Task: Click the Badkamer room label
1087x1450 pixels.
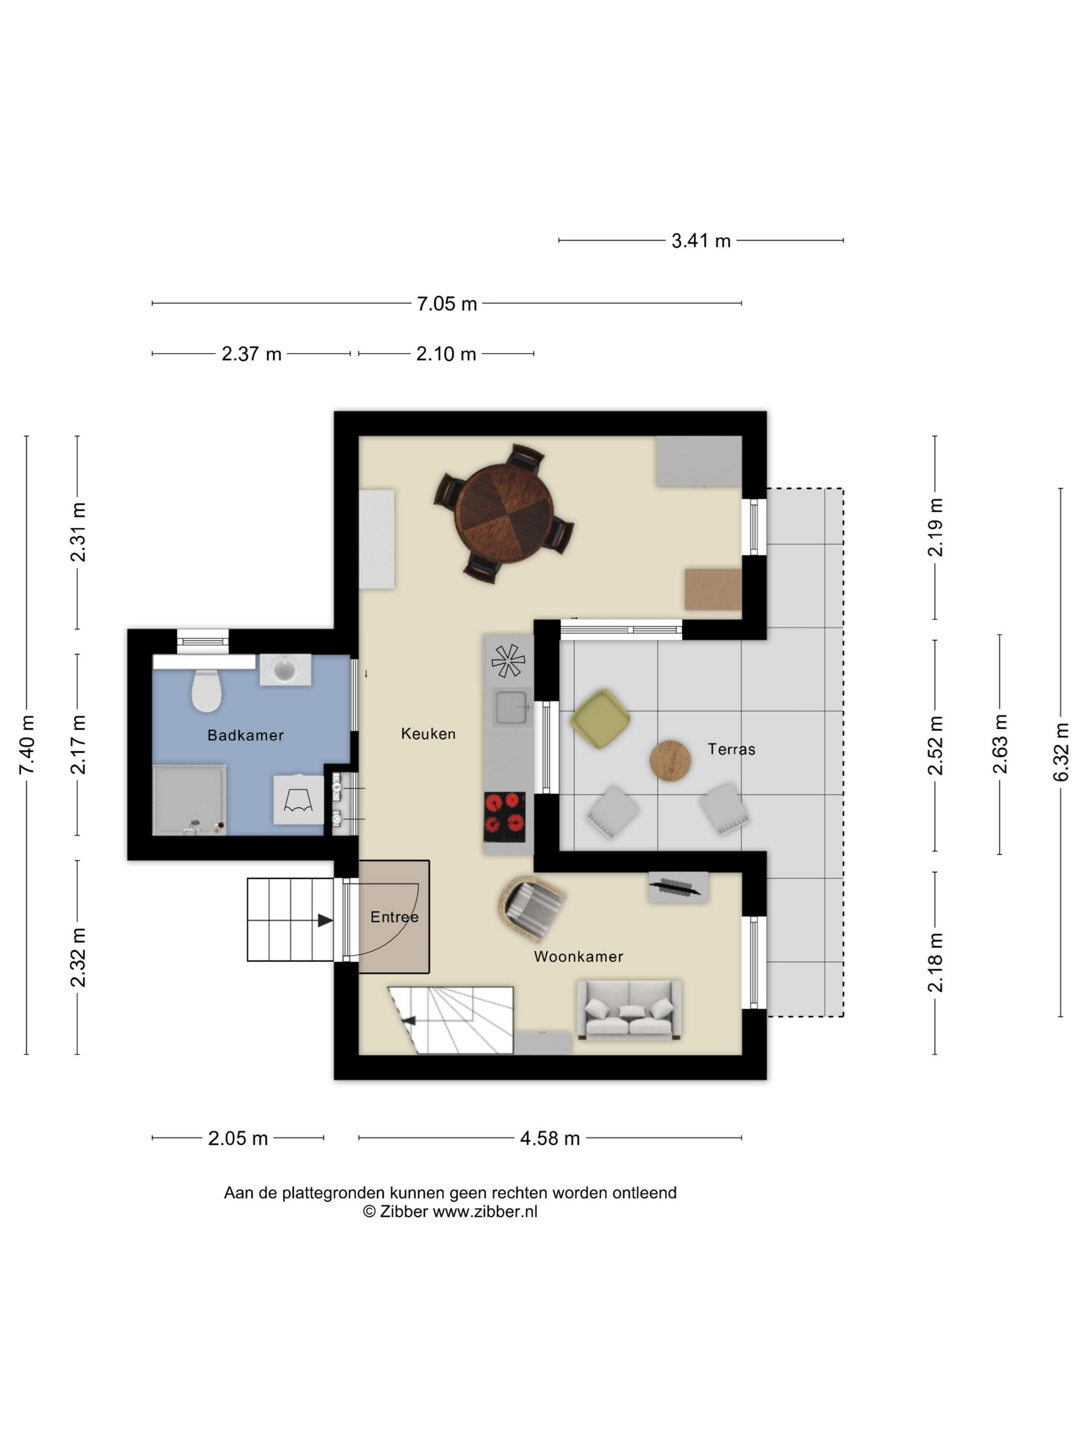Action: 246,735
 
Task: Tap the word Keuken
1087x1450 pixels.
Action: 428,733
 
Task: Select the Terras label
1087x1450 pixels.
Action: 731,749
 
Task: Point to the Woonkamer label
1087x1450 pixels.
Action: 579,956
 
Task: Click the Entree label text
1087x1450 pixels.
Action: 394,917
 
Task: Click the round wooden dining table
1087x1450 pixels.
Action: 504,514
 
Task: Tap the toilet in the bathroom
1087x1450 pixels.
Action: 205,690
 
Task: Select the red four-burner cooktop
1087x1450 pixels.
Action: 505,817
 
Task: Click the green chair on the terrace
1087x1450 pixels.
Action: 599,718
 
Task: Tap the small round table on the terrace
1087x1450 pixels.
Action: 670,760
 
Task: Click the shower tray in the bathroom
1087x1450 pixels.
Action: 189,800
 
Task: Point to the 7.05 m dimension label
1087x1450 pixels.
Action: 447,303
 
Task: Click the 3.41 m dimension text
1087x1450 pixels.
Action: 700,241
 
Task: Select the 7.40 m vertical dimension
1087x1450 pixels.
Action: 26,745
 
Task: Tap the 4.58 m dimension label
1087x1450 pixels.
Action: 550,1137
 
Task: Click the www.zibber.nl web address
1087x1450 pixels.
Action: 485,1211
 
